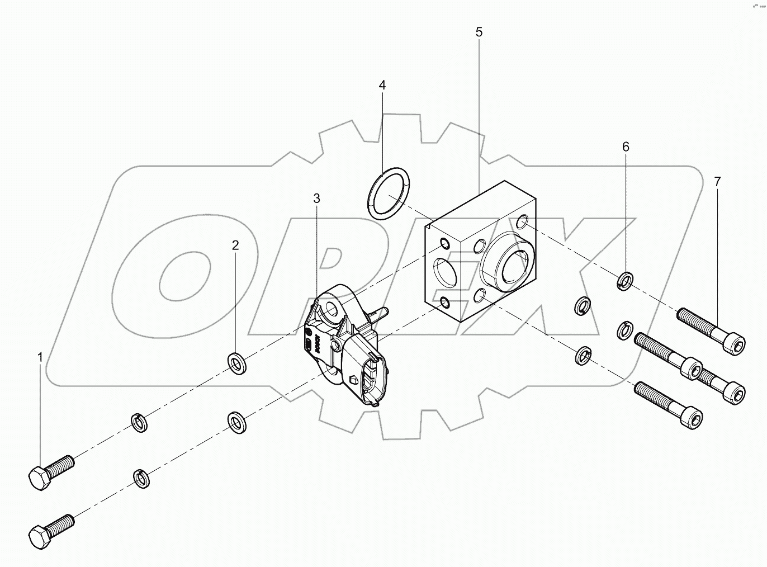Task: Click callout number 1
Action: [40, 356]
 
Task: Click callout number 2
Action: [235, 245]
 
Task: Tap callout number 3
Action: [316, 198]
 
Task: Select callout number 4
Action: [382, 85]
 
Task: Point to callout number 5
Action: [479, 32]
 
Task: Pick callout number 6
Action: [626, 147]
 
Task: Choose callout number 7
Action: [717, 181]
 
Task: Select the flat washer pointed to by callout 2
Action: [238, 364]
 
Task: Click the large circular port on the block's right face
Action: [510, 261]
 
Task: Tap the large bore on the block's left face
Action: [444, 272]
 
